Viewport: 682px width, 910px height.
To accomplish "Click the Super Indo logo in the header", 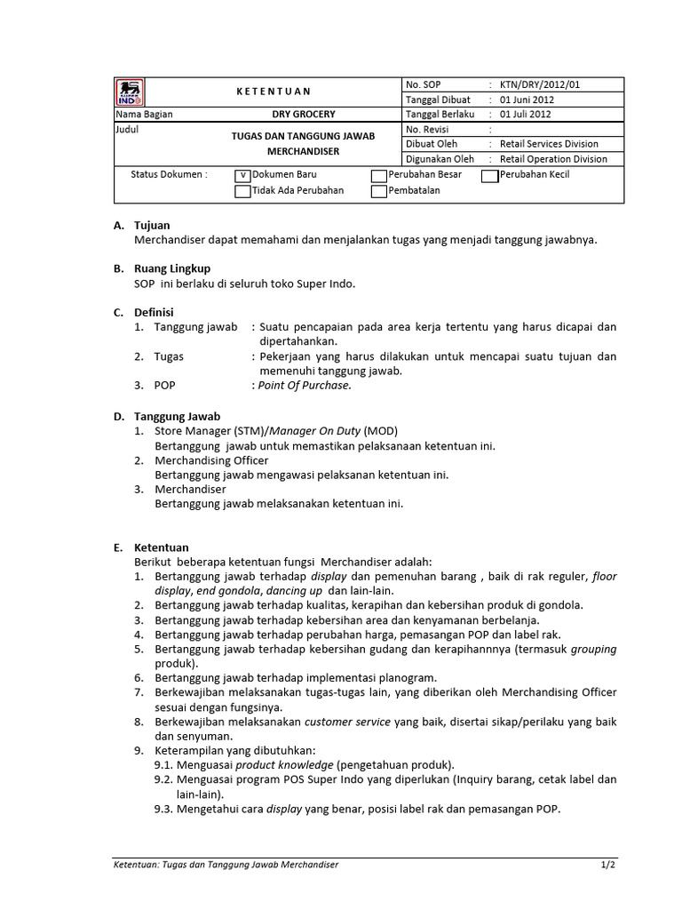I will coord(130,92).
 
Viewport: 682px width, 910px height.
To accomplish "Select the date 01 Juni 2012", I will coord(527,100).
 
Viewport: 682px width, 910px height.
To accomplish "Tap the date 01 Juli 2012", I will coord(526,115).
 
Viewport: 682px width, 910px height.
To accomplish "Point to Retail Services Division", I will coord(549,144).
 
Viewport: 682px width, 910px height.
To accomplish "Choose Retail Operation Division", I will coord(553,159).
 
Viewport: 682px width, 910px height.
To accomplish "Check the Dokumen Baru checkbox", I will coord(242,176).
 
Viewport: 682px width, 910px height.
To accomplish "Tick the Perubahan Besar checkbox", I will coord(378,176).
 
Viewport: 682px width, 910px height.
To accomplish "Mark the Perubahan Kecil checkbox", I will coord(489,176).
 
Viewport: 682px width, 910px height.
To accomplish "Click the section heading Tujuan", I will coord(152,226).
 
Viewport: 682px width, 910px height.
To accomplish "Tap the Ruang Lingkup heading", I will coord(172,268).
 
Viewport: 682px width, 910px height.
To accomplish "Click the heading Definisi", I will coord(154,312).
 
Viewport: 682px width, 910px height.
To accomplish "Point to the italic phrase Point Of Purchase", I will coord(305,386).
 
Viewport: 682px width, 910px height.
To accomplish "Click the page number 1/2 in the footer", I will coord(607,864).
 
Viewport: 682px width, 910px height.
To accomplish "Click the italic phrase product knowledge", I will coord(284,765).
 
